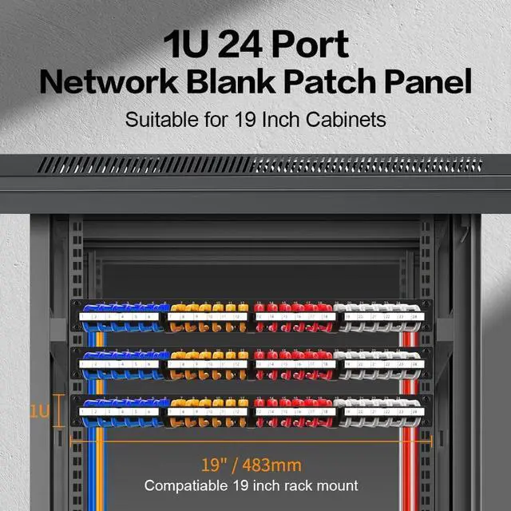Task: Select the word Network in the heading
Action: point(113,82)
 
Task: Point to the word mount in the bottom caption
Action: point(339,485)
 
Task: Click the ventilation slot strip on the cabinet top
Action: point(255,165)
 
